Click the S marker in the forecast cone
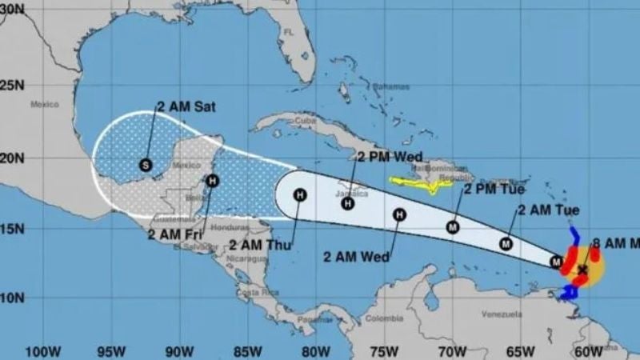point(145,165)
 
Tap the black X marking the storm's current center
point(583,270)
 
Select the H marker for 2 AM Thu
point(299,194)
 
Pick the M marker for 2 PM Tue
point(452,227)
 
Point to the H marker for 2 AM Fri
point(212,181)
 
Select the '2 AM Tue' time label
point(549,210)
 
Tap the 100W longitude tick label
point(43,350)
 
